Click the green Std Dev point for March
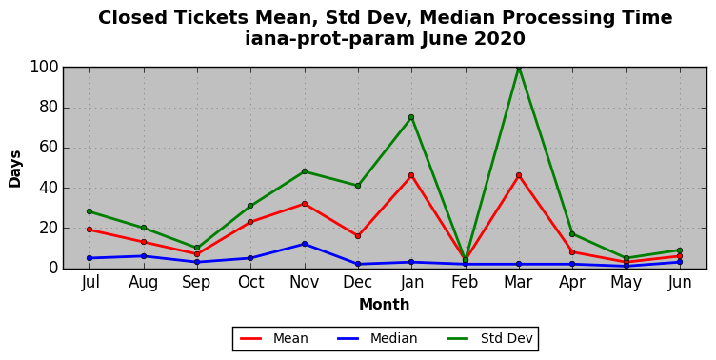click(519, 68)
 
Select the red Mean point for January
click(411, 175)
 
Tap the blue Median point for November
click(305, 244)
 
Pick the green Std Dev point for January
click(411, 117)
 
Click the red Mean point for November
click(305, 204)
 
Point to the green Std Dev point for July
click(89, 211)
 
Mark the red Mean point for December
click(358, 236)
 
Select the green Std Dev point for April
click(572, 234)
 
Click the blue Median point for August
click(144, 256)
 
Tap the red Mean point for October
click(250, 222)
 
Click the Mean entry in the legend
click(274, 338)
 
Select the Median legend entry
click(377, 338)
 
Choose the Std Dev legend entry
click(489, 338)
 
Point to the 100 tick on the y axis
click(45, 68)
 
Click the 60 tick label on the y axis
click(50, 148)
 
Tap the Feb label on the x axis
click(465, 282)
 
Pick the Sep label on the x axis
click(197, 283)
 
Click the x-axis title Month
click(384, 304)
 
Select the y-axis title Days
click(14, 169)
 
